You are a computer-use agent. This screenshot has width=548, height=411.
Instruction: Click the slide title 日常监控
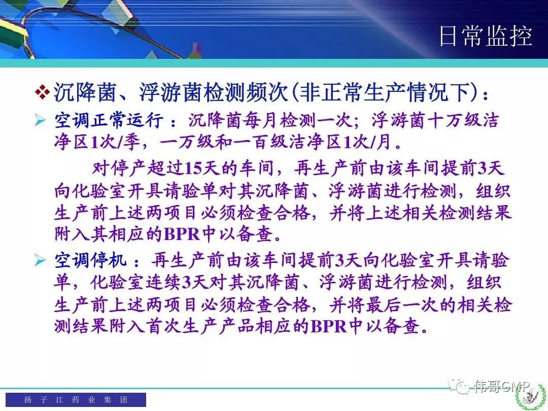[486, 36]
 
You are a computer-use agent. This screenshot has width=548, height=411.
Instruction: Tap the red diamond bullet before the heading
[43, 92]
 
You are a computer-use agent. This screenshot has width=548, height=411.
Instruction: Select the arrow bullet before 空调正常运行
[40, 121]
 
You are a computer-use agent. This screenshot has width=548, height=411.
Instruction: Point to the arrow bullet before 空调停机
[40, 260]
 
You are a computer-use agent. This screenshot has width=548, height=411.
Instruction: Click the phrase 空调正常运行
[109, 121]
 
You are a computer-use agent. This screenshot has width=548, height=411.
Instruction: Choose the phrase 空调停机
[90, 260]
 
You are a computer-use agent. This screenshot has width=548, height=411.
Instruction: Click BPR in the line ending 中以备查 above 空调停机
[182, 234]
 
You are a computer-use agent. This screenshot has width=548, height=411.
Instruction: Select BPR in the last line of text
[328, 326]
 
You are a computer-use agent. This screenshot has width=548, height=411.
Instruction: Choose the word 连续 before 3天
[163, 283]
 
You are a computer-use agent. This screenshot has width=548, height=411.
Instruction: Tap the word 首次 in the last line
[163, 326]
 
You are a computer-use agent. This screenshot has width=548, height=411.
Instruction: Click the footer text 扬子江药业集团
[76, 399]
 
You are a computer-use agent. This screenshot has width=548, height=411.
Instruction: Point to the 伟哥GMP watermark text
[502, 386]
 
